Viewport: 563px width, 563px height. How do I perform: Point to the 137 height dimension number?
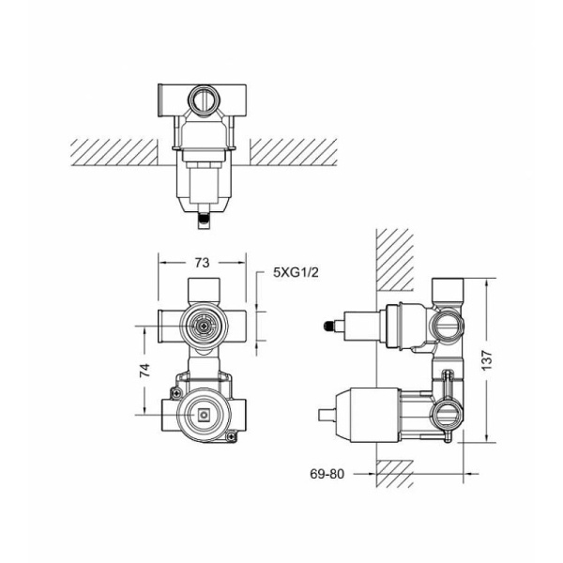coord(509,358)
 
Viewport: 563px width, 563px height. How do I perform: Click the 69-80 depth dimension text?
coord(327,474)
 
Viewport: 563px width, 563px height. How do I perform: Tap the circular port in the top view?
coord(202,99)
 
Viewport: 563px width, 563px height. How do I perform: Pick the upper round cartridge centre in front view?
coord(202,326)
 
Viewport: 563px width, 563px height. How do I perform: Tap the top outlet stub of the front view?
coord(202,288)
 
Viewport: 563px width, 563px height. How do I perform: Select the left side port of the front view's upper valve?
coord(168,326)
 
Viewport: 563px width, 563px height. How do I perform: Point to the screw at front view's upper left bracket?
coord(176,386)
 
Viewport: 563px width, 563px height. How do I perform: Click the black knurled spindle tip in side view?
coord(327,327)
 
